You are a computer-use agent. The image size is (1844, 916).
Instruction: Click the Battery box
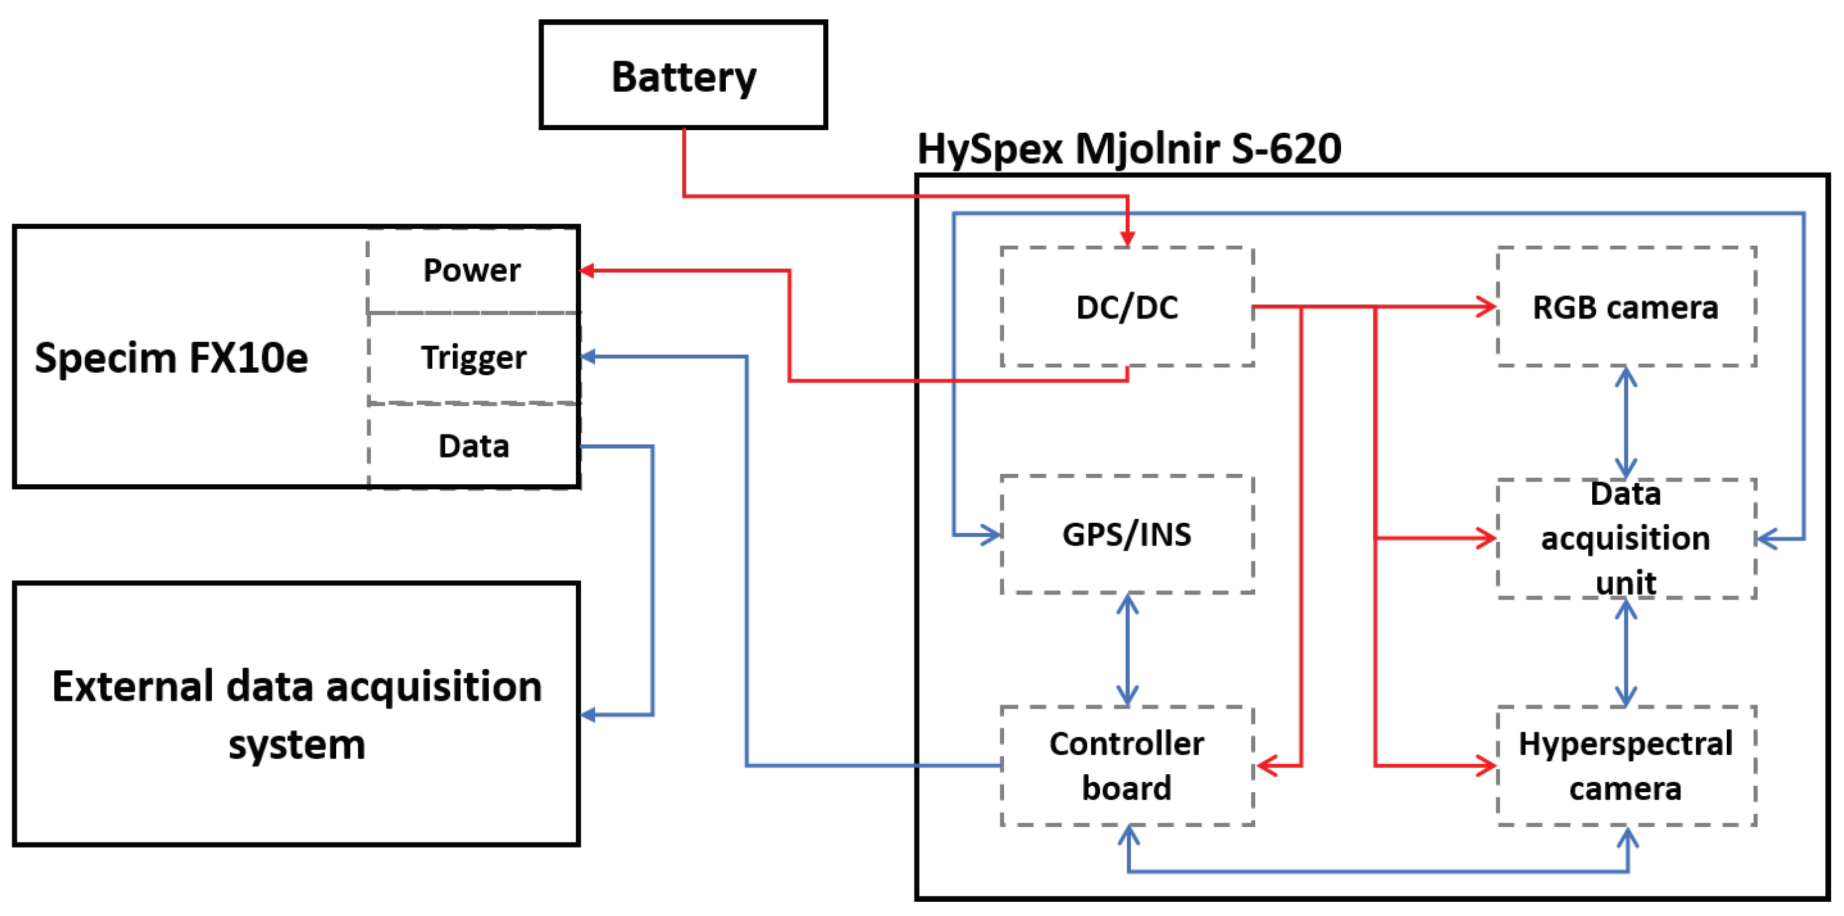click(x=683, y=75)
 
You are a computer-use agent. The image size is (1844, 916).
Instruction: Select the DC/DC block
click(x=1126, y=307)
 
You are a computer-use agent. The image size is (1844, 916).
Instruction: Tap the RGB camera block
click(x=1625, y=307)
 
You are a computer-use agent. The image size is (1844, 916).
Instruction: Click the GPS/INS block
click(x=1126, y=534)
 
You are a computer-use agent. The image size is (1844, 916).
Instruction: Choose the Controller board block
click(x=1126, y=765)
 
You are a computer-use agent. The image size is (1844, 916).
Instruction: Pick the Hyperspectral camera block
click(x=1625, y=765)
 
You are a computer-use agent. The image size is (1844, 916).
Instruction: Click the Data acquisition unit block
click(x=1625, y=538)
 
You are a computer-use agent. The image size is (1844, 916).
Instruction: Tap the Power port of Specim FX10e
click(x=473, y=271)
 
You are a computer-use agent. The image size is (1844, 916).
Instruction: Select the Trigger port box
click(x=473, y=357)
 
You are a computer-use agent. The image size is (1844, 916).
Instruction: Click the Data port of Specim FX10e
click(x=473, y=446)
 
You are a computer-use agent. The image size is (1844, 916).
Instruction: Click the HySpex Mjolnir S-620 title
click(x=1129, y=149)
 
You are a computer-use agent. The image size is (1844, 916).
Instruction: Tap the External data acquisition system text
click(x=296, y=714)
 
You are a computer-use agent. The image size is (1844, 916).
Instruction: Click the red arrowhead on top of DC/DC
click(x=1127, y=239)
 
